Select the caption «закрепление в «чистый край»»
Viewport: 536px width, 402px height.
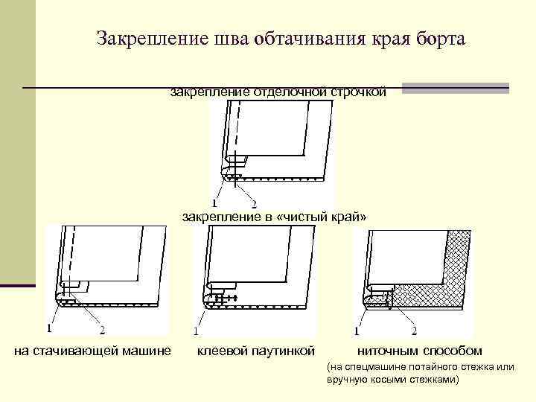tap(275, 217)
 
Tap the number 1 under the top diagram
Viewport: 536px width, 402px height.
tap(215, 202)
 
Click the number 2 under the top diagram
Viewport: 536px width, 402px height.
tap(254, 204)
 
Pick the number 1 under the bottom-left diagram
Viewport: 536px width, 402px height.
tap(49, 327)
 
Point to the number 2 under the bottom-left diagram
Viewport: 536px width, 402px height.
tap(102, 328)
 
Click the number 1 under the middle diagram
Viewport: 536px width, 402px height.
tap(195, 331)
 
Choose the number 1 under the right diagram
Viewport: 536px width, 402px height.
tap(358, 331)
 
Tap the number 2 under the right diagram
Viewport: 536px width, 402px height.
tap(415, 331)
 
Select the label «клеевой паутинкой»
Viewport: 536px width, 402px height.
tap(255, 351)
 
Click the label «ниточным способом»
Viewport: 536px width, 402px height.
tap(419, 351)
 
